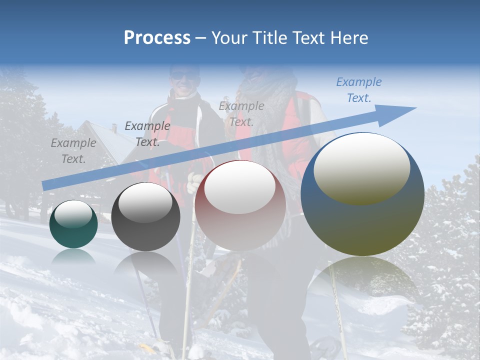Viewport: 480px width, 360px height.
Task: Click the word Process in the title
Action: click(157, 38)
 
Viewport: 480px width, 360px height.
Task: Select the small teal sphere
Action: click(73, 224)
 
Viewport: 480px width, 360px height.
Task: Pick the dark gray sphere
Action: click(145, 216)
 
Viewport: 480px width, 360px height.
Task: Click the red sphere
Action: click(240, 205)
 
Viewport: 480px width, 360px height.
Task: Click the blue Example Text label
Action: click(359, 90)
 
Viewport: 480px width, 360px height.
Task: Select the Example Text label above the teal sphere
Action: click(73, 150)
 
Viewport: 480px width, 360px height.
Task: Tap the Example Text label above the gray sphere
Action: click(147, 134)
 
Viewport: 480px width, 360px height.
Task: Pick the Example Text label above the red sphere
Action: click(241, 113)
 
